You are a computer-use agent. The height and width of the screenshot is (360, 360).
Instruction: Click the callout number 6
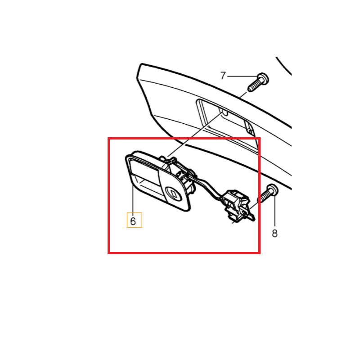pos(133,221)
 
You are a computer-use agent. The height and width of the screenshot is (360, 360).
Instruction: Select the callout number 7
pos(223,76)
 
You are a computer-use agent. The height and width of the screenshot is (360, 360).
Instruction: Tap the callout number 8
pos(274,234)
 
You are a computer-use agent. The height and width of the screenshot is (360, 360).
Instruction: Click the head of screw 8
pos(273,190)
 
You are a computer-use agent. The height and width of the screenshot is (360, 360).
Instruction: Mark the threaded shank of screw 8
pos(264,197)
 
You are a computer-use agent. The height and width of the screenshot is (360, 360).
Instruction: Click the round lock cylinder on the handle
pos(174,193)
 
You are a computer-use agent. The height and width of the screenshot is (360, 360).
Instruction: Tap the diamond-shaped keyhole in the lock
pos(174,193)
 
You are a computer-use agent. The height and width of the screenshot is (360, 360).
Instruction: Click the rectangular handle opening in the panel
pos(226,125)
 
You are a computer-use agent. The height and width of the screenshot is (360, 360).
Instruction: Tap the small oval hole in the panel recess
pos(225,113)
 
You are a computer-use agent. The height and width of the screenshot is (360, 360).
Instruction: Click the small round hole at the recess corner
pos(251,132)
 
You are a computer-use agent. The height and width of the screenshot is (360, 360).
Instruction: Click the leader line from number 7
pos(243,76)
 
